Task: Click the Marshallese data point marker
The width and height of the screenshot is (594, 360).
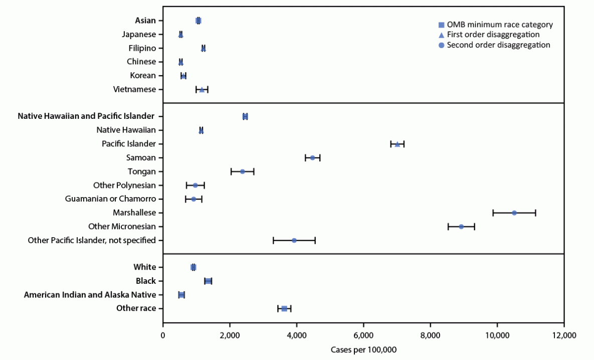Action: [x=514, y=213]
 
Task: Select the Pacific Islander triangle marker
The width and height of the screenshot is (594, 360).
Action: [x=398, y=144]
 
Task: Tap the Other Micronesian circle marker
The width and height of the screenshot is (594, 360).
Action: [x=461, y=227]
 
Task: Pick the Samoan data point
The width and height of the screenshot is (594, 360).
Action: [x=312, y=157]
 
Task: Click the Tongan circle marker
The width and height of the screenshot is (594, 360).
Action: [x=242, y=171]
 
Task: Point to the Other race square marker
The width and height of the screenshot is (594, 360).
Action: [x=284, y=308]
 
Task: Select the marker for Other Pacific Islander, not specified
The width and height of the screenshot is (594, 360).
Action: [x=294, y=240]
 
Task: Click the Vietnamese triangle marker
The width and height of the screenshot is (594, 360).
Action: [x=202, y=89]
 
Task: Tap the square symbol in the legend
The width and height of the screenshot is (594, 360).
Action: [x=441, y=25]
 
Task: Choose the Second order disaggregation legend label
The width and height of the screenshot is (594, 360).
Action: [x=498, y=45]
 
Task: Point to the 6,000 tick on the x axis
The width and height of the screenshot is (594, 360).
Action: [x=363, y=334]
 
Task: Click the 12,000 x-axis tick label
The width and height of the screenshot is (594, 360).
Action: [x=564, y=334]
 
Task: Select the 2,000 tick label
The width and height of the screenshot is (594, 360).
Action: [x=230, y=334]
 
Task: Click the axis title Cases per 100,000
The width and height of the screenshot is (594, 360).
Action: [x=363, y=349]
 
